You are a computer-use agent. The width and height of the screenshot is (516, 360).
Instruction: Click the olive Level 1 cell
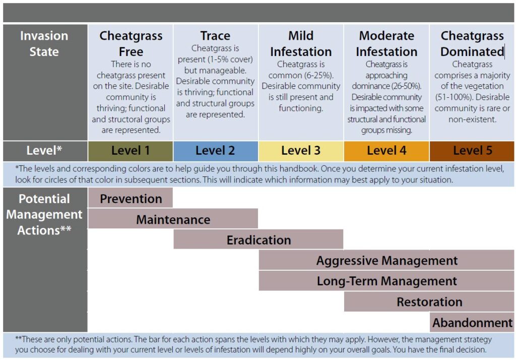coord(131,151)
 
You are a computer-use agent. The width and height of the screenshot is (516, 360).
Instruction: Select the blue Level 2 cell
coord(216,151)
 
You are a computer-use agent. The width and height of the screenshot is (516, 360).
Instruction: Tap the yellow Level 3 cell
coord(301,151)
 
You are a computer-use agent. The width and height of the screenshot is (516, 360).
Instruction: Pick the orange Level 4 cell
coord(386,151)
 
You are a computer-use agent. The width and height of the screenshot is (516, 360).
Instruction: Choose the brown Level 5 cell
coord(472,151)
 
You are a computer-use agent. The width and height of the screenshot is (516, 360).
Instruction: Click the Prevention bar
coord(131,198)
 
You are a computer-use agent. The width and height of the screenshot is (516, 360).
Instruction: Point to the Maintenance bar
coord(173,219)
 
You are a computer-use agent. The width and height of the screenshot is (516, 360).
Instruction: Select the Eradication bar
coord(259,239)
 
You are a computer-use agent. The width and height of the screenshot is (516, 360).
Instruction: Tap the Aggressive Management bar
coord(386,260)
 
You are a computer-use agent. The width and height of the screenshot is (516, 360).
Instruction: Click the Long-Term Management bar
coord(386,281)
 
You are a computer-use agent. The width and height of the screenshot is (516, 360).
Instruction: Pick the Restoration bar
coord(429,302)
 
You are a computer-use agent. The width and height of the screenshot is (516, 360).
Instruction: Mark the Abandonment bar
coord(472,323)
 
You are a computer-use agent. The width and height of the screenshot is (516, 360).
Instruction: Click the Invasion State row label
coord(44,43)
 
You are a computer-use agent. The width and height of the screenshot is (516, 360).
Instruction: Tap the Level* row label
coord(44,150)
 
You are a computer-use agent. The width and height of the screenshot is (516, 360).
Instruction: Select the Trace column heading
coord(215,36)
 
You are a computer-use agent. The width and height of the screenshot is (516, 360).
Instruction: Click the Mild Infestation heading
coord(301,43)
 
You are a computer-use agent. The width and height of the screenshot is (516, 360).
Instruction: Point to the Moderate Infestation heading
coord(386,43)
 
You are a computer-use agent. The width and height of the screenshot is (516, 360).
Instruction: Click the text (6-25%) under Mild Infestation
coord(319,76)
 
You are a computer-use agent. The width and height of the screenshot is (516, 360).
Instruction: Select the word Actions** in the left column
coord(44,230)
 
